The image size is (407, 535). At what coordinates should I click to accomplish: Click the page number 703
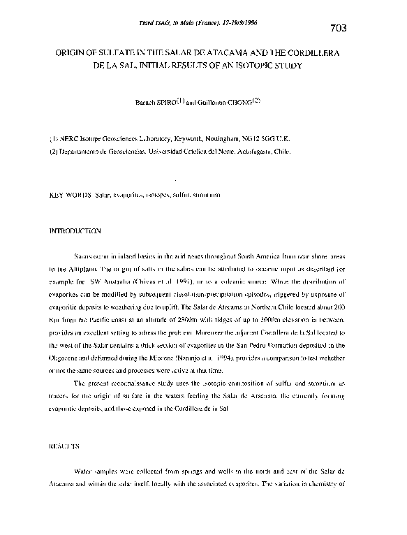[336, 28]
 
